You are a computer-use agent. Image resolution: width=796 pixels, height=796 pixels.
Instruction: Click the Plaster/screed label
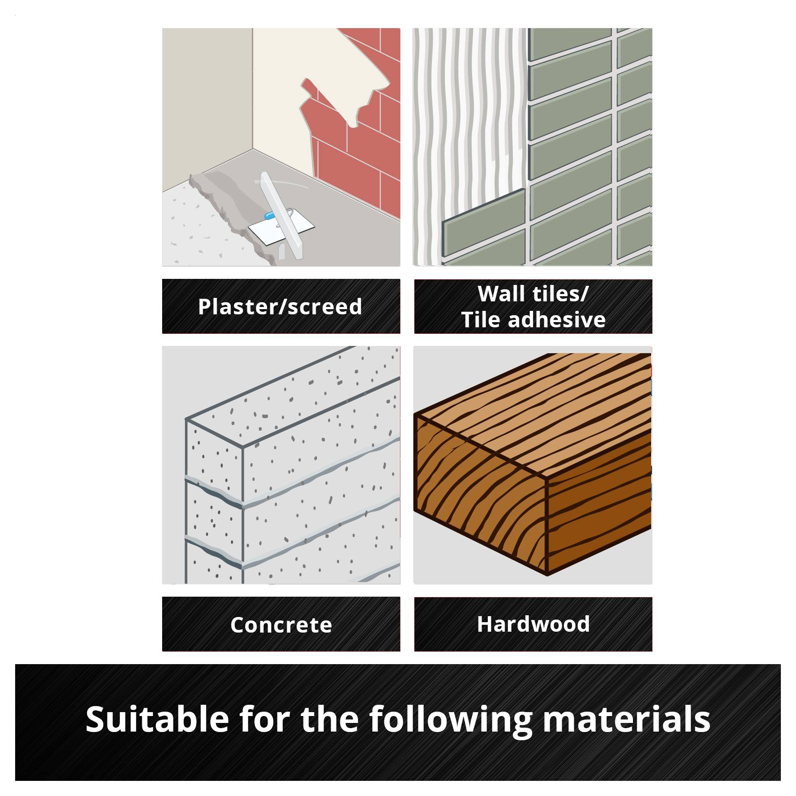[280, 307]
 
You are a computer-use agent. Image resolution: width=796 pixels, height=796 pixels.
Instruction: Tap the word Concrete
[281, 625]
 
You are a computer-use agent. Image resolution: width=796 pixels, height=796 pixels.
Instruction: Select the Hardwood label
[533, 624]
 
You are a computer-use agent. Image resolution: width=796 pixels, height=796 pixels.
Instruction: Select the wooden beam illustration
[533, 464]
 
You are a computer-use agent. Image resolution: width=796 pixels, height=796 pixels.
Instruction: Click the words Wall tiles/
[533, 294]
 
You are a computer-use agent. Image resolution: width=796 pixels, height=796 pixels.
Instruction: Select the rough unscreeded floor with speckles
[203, 229]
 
